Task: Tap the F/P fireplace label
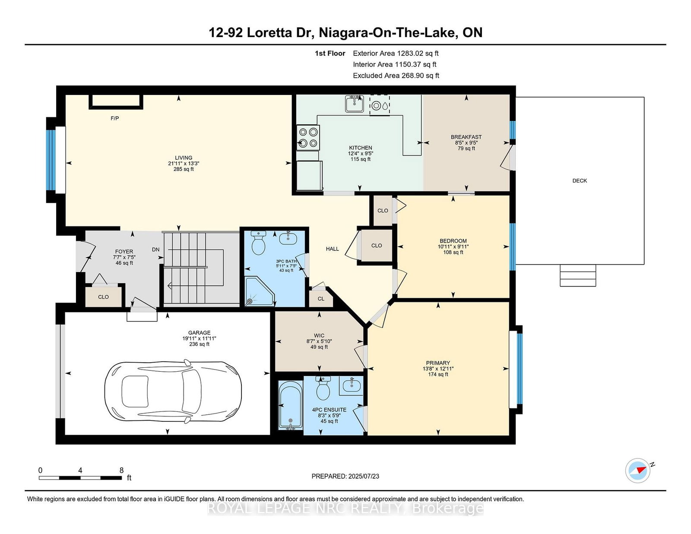click(114, 118)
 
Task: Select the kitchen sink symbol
click(354, 104)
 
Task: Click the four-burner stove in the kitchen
click(308, 137)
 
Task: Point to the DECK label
click(580, 181)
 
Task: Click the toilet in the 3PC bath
click(258, 244)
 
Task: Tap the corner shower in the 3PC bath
click(258, 291)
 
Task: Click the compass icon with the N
click(638, 471)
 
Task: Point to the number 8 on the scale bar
click(121, 471)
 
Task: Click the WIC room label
click(319, 336)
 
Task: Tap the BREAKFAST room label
click(466, 137)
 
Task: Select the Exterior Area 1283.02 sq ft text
click(396, 54)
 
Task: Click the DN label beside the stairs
click(156, 250)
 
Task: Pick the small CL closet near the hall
click(321, 299)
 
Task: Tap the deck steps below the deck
click(578, 275)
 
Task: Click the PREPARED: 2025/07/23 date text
click(345, 476)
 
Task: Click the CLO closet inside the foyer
click(103, 297)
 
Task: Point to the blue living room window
click(51, 160)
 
